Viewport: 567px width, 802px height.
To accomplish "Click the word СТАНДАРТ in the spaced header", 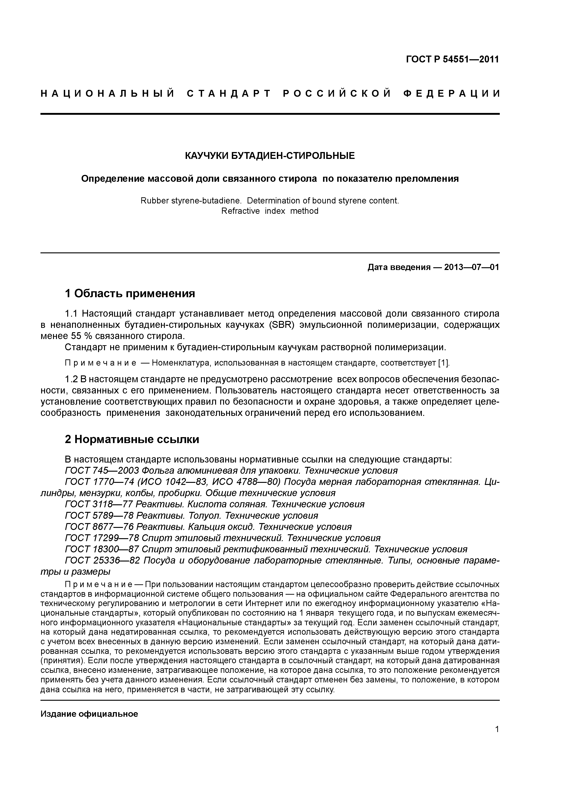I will click(x=229, y=94).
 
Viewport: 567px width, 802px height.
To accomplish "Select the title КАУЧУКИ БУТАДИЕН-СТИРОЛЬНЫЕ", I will click(x=270, y=156).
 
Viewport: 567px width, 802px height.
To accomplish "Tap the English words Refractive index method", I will click(x=270, y=211).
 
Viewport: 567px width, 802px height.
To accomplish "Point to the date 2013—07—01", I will click(x=472, y=267).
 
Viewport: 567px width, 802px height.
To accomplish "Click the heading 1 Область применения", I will click(x=130, y=294).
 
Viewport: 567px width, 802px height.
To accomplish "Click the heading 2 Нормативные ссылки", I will click(x=132, y=439).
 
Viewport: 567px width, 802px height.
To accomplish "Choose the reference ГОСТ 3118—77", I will click(x=99, y=504).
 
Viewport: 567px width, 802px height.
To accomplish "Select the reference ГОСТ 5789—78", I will click(x=99, y=516).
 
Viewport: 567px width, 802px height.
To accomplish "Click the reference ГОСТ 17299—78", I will click(x=102, y=538).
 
